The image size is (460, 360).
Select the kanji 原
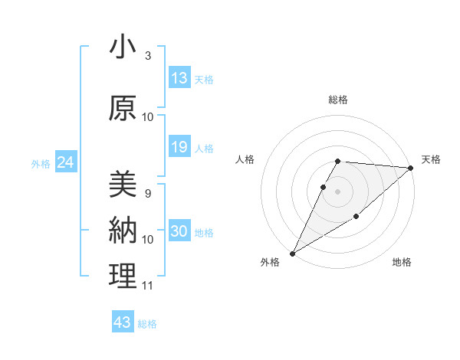[123, 109]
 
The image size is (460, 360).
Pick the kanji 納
[123, 230]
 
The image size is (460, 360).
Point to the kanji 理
[123, 276]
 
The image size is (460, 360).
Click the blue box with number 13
[179, 78]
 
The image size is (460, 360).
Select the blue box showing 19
[179, 147]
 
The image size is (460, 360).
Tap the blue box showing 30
[179, 232]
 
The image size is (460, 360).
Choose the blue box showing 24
[65, 162]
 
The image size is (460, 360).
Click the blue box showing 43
[122, 322]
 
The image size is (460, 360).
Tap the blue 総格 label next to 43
[147, 324]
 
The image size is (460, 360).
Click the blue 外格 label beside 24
[41, 164]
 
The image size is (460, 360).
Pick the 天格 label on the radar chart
[431, 159]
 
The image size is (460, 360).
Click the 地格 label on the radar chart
[402, 263]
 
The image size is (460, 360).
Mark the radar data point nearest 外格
[292, 253]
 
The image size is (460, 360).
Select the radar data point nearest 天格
[411, 169]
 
